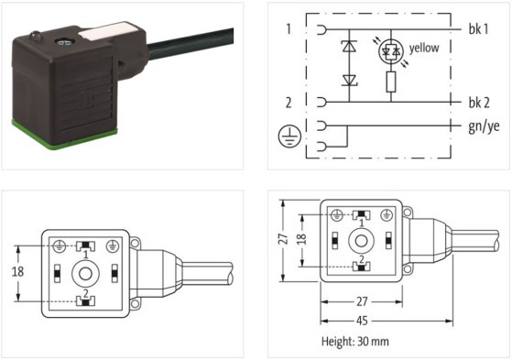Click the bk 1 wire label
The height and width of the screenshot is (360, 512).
[478, 28]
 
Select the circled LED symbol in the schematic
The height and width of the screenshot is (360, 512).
[390, 53]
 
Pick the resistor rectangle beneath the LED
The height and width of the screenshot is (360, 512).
[390, 83]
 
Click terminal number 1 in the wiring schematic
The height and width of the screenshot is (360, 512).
[288, 28]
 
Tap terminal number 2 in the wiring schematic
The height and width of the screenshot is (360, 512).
[288, 101]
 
